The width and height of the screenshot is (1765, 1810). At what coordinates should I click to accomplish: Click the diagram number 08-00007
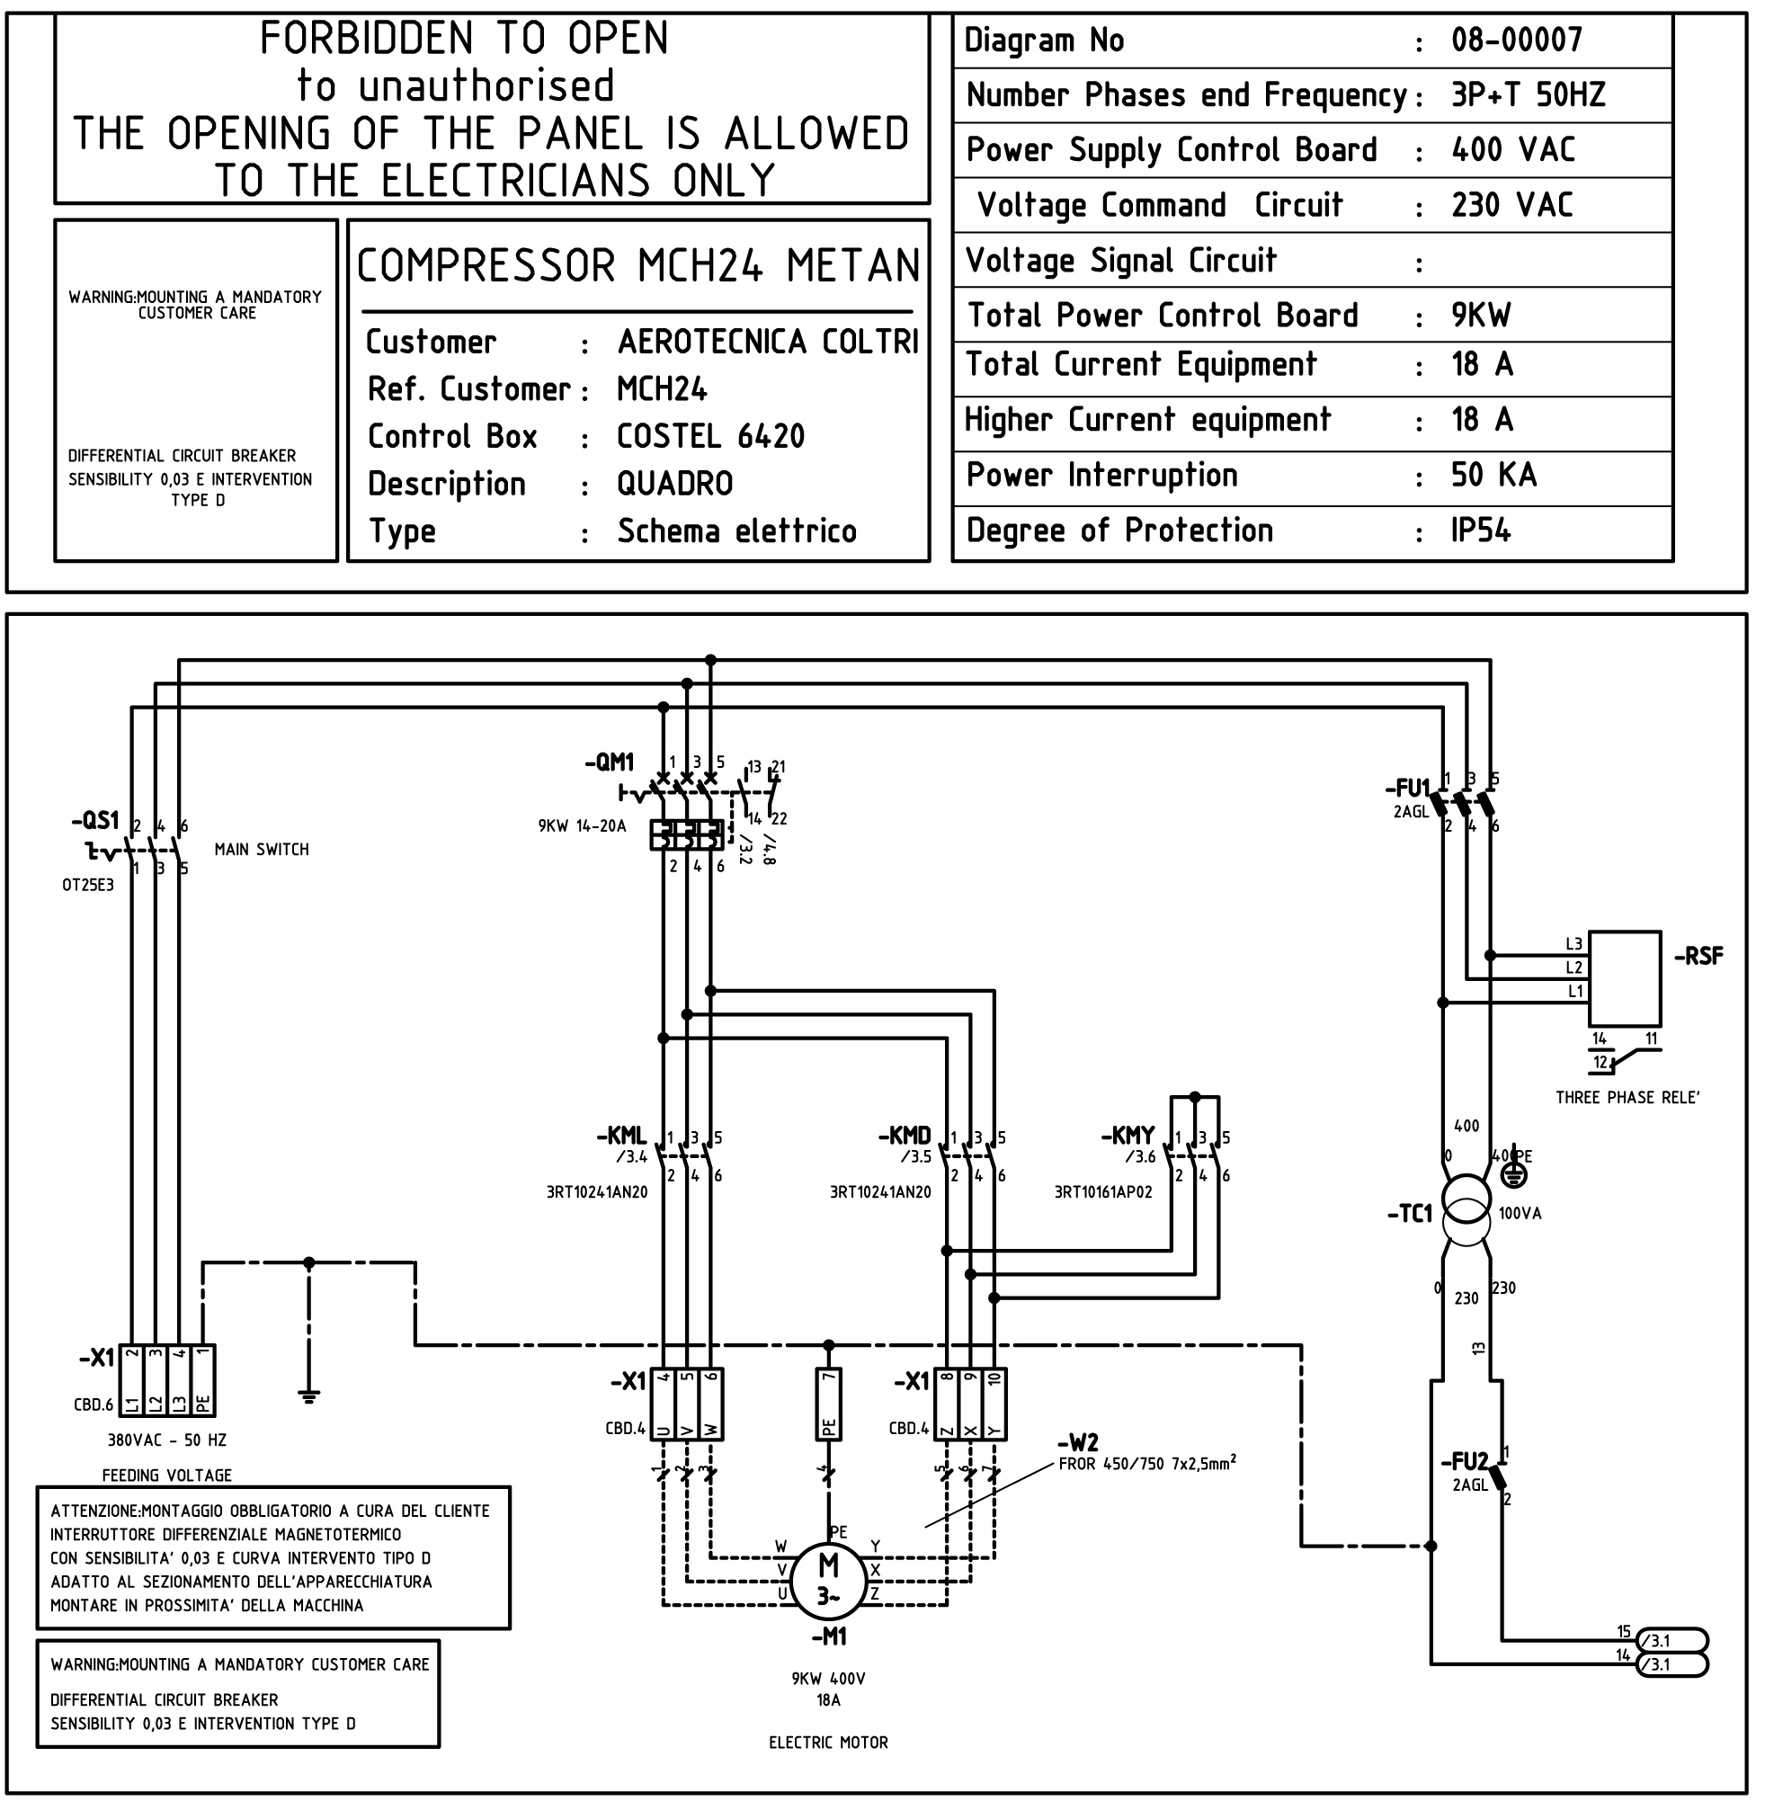tap(1516, 40)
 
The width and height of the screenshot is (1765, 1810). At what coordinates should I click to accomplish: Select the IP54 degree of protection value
tap(1479, 531)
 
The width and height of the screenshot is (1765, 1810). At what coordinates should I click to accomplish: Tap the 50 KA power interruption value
tap(1493, 475)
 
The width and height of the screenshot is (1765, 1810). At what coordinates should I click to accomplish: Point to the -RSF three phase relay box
tap(1624, 978)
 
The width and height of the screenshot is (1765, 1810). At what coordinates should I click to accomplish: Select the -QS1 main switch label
tap(95, 820)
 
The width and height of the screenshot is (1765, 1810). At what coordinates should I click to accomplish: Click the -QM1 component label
tap(609, 762)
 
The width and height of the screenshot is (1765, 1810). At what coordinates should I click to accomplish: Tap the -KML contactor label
tap(621, 1137)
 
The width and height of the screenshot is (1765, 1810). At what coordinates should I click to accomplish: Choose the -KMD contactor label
tap(904, 1137)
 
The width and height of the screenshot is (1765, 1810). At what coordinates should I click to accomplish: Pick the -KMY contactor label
tap(1128, 1137)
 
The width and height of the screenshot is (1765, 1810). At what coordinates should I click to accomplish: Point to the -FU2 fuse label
tap(1464, 1461)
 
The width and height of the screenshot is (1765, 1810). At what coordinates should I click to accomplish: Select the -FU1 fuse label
tap(1407, 789)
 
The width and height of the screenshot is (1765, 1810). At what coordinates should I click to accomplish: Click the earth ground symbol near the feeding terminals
tap(308, 1395)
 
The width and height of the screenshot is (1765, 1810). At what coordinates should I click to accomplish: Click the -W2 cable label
tap(1077, 1443)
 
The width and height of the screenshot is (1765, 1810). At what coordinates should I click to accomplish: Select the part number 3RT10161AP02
tap(1102, 1192)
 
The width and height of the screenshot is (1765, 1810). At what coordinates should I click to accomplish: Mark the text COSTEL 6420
tap(710, 435)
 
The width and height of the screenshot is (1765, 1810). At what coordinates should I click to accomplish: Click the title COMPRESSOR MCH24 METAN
tap(637, 266)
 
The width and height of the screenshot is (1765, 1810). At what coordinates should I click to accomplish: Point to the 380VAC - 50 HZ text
tap(167, 1440)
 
